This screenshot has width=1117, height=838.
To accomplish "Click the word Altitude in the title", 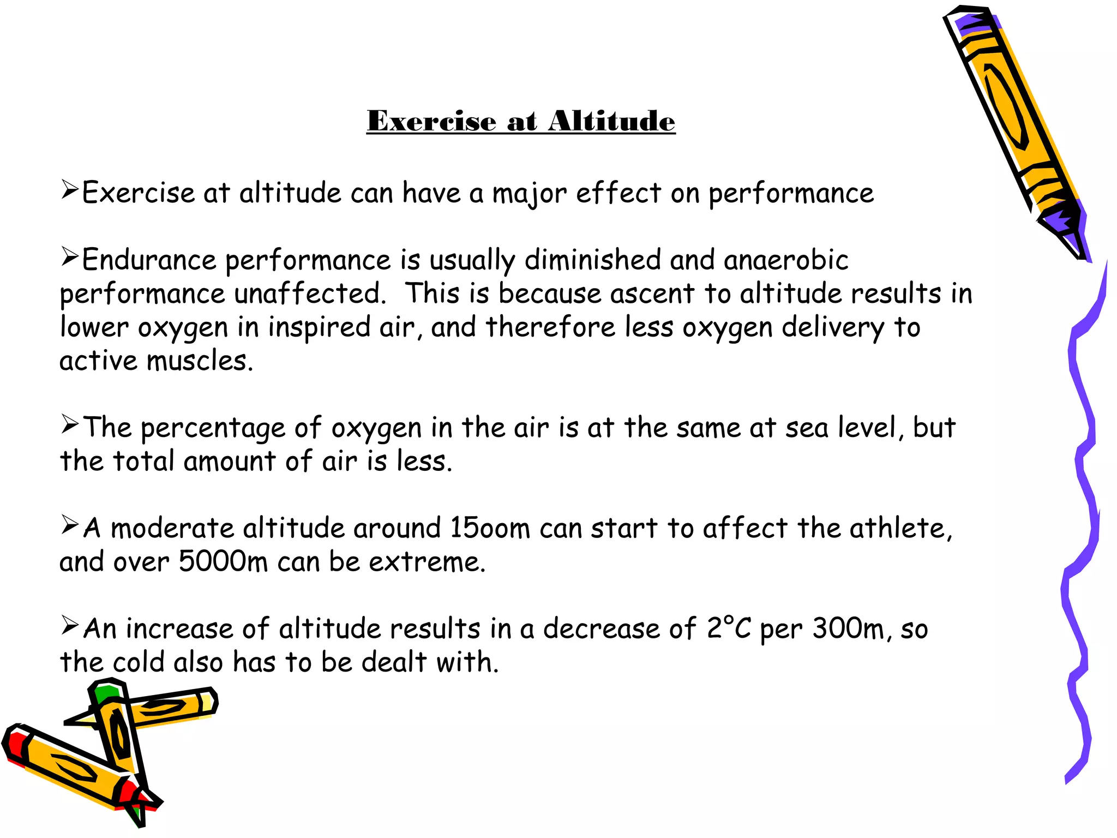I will coord(611,121).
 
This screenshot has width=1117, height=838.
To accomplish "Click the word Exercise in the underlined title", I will coord(431,121).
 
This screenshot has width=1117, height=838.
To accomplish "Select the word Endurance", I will coord(149,260).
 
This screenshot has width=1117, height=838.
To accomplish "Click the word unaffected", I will coord(310,294).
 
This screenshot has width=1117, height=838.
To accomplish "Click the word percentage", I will coord(213,428).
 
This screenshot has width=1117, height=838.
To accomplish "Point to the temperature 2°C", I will coord(729,628).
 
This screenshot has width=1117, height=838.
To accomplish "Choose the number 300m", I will coord(851,628).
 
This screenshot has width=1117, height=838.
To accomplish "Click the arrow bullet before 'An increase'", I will coord(70,625).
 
